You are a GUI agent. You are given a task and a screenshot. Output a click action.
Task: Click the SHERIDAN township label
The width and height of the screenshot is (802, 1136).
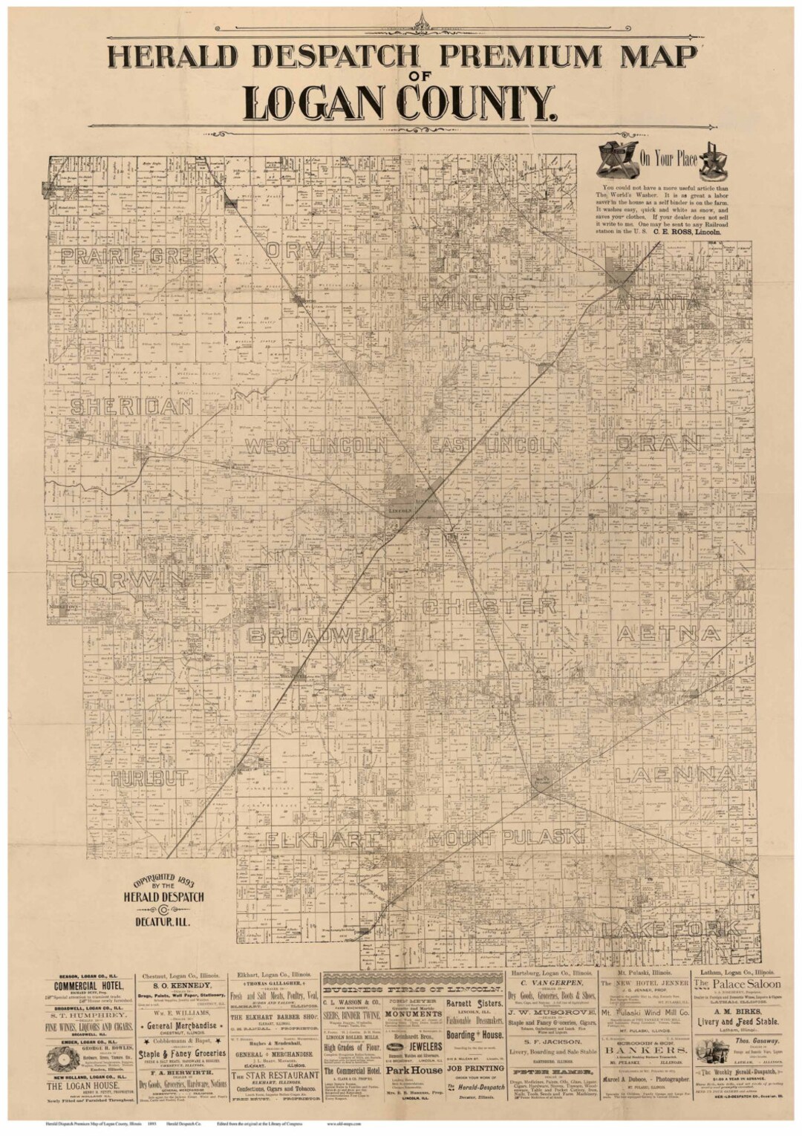click(131, 406)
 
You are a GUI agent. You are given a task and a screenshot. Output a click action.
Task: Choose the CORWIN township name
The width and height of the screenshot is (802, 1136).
click(128, 580)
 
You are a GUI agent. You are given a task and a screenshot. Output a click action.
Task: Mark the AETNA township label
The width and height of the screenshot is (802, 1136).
click(668, 633)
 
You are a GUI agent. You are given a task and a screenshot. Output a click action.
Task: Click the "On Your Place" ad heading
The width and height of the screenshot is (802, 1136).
click(672, 157)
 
